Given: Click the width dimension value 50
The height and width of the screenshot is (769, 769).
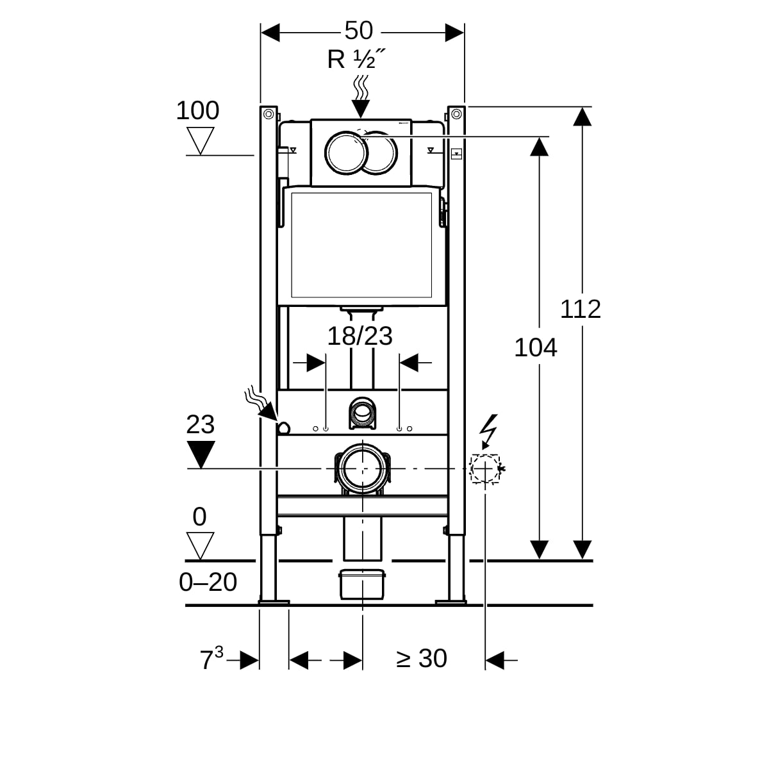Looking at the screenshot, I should tap(358, 30).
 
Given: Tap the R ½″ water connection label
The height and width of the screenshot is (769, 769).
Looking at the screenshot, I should tap(356, 60).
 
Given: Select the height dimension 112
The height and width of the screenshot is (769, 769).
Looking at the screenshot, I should tap(581, 309).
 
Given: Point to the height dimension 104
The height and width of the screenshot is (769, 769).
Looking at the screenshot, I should tap(536, 348).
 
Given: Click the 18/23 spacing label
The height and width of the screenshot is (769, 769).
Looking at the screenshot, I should tap(360, 336).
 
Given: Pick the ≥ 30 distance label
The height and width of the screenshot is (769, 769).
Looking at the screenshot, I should tap(422, 658).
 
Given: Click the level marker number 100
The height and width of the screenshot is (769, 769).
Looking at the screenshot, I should tap(197, 111).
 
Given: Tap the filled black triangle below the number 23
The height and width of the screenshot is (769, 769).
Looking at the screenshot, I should tap(201, 454).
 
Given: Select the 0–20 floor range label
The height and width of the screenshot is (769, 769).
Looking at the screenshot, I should tap(208, 582).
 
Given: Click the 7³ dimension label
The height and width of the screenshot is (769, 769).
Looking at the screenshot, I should tap(211, 659).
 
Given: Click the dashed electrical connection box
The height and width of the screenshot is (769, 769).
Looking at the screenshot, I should tap(484, 468).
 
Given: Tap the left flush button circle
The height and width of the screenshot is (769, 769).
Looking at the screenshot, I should tap(347, 153).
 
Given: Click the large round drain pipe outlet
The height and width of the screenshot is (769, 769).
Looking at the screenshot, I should tap(362, 469).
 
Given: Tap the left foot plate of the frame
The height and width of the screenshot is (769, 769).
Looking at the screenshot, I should tap(274, 602).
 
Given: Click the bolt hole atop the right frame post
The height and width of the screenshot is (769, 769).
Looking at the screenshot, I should tap(456, 114).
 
